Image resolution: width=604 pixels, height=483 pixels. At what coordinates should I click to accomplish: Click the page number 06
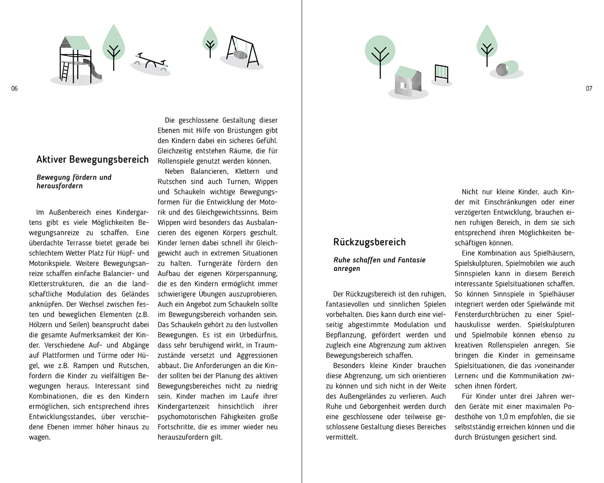[x=14, y=89]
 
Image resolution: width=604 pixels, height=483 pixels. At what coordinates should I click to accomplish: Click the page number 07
[x=589, y=89]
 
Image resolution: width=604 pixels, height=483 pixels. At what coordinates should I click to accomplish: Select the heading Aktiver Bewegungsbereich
[x=92, y=160]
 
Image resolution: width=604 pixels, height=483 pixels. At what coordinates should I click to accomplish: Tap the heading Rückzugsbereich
[x=369, y=243]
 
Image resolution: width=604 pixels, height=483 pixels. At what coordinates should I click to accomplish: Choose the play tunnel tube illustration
[x=506, y=68]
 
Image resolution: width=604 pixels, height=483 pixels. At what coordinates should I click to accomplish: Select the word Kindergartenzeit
[x=184, y=406]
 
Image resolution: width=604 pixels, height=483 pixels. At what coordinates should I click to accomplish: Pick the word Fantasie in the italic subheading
[x=410, y=260]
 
